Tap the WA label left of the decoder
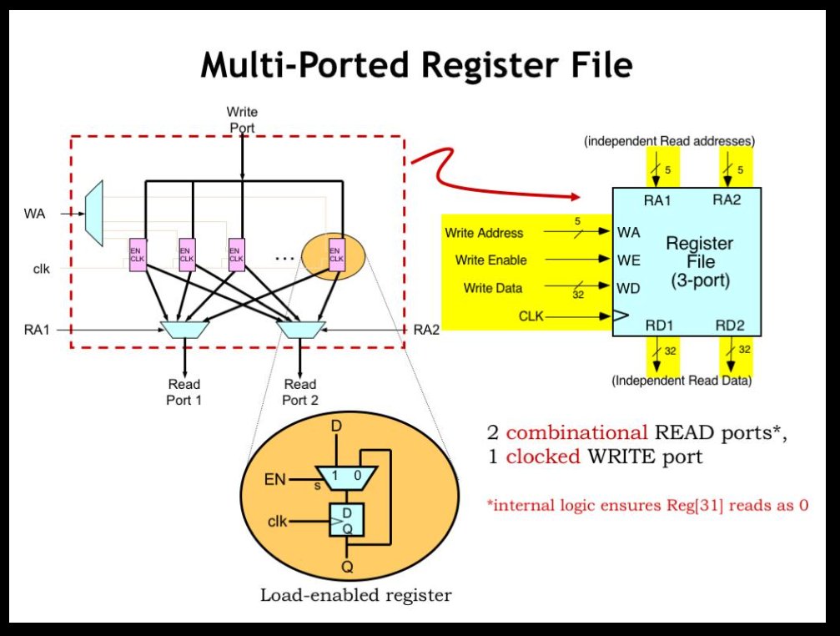(x=35, y=214)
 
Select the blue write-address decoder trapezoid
(x=94, y=213)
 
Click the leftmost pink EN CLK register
(x=138, y=255)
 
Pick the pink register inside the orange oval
(x=337, y=255)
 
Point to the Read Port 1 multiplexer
(x=185, y=330)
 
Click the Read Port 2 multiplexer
(x=300, y=330)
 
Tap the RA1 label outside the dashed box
(x=37, y=330)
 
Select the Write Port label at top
(x=242, y=119)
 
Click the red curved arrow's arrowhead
(x=576, y=197)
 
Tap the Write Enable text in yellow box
(x=491, y=260)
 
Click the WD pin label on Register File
(x=628, y=288)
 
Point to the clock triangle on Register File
(x=621, y=315)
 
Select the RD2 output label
(x=730, y=326)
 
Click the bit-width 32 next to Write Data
(x=578, y=295)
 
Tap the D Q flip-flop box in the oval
(x=347, y=520)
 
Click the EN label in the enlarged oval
(x=274, y=479)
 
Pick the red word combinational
(x=577, y=432)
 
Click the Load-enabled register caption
(x=355, y=595)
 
